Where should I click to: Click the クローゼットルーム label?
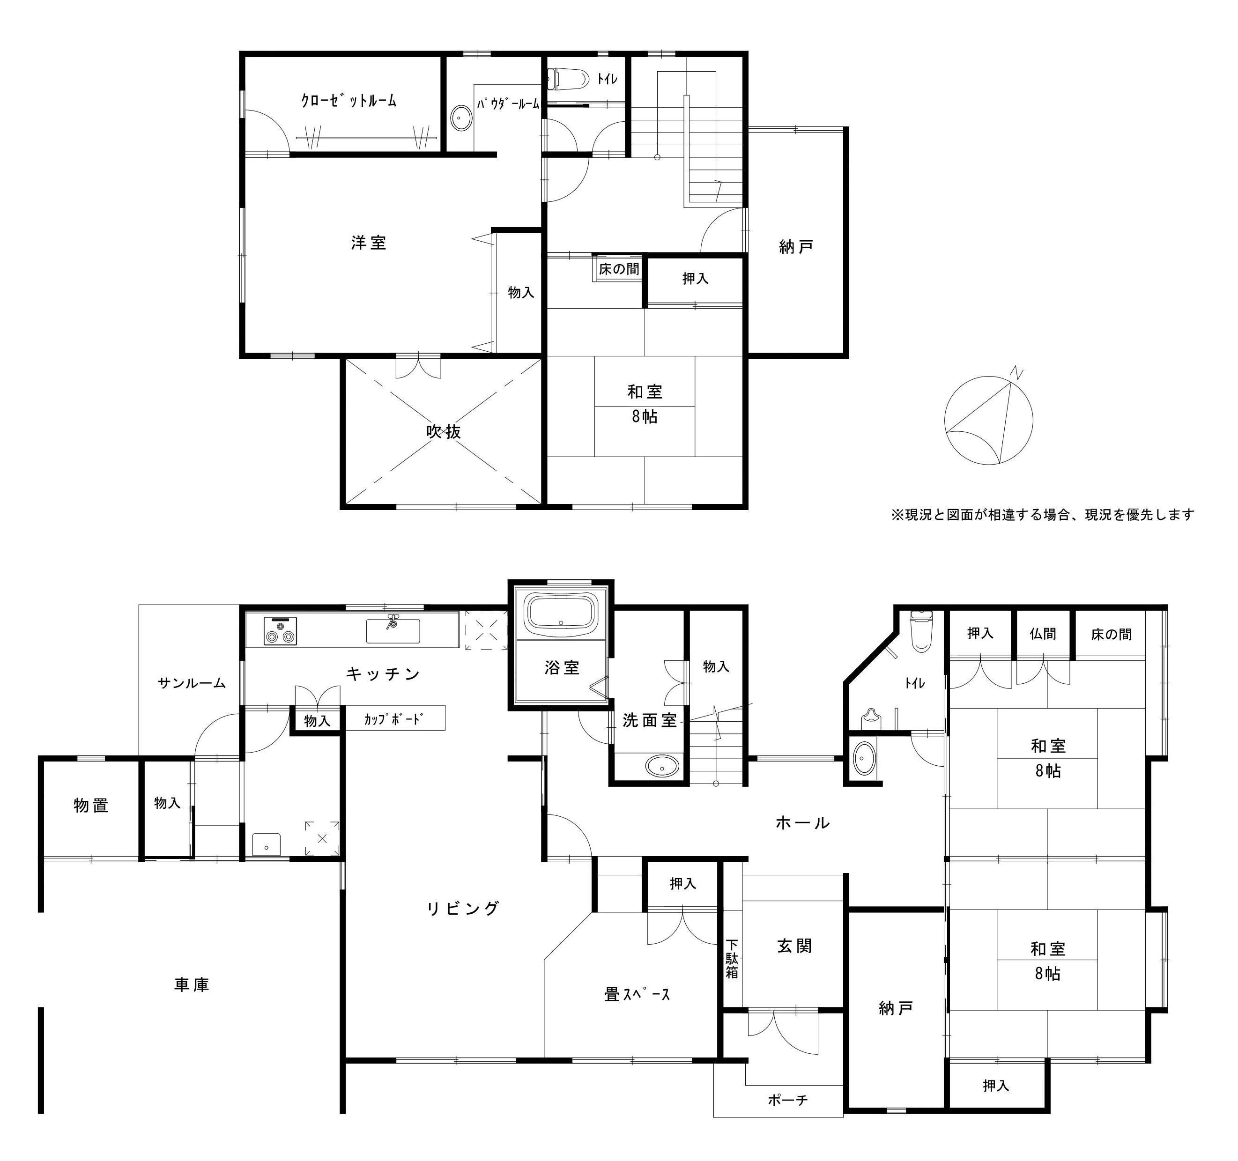[349, 100]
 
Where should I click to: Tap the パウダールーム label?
[508, 104]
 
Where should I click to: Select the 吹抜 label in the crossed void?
[444, 431]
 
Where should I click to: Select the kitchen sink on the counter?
[393, 631]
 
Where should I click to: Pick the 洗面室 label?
[650, 720]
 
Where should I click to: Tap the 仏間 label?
[1043, 634]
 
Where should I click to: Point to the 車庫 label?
[192, 984]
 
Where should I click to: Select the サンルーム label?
[191, 683]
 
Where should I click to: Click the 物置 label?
[91, 805]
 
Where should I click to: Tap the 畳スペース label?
[637, 994]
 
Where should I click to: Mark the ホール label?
[803, 822]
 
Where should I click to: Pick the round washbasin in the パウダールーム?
[460, 118]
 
